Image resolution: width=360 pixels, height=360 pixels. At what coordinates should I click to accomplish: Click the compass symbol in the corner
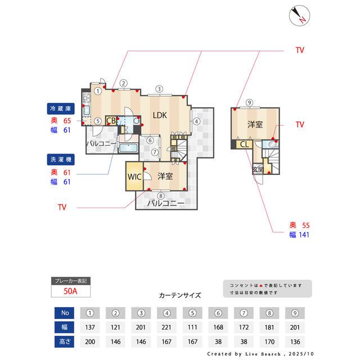pyautogui.click(x=298, y=15)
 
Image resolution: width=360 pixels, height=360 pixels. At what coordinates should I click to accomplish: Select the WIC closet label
pyautogui.click(x=134, y=176)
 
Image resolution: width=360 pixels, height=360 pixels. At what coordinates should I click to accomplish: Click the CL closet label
pyautogui.click(x=245, y=145)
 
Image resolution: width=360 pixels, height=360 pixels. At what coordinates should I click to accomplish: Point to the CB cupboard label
pyautogui.click(x=111, y=120)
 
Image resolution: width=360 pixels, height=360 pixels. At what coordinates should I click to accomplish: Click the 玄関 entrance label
pyautogui.click(x=258, y=169)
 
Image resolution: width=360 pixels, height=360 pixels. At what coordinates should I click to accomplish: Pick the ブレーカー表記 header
pyautogui.click(x=70, y=280)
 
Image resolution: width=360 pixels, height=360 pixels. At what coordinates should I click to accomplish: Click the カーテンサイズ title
pyautogui.click(x=179, y=295)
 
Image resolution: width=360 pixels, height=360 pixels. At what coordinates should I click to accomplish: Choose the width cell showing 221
pyautogui.click(x=167, y=327)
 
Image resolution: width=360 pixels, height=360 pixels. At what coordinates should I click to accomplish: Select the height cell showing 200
pyautogui.click(x=90, y=341)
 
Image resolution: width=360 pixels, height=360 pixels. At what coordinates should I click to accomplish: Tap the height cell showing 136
pyautogui.click(x=296, y=341)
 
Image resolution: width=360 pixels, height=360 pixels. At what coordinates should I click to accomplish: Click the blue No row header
pyautogui.click(x=64, y=312)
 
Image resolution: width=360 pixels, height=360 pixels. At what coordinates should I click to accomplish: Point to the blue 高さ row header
pyautogui.click(x=64, y=341)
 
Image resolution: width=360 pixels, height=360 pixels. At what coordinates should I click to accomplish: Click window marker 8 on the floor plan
pyautogui.click(x=161, y=196)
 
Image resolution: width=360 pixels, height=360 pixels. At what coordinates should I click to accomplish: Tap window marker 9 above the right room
pyautogui.click(x=249, y=102)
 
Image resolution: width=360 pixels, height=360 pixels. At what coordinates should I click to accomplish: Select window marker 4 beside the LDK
pyautogui.click(x=196, y=121)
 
